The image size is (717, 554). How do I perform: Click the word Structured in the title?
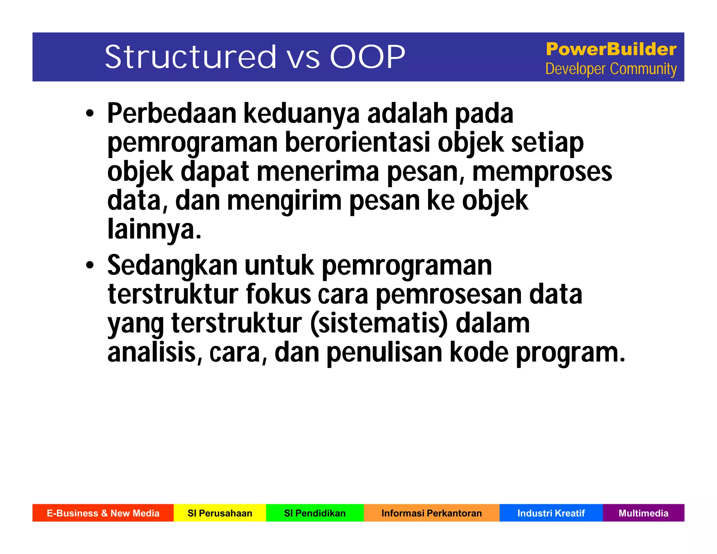point(191,57)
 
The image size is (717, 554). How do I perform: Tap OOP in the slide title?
point(367,57)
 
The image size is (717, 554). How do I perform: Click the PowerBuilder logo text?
point(611,49)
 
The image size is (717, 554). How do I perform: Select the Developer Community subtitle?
point(611,69)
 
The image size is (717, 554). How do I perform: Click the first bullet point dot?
point(90,113)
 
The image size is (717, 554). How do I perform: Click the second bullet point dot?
point(90,265)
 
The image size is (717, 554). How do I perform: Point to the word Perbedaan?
point(172,113)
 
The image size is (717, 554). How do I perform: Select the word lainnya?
point(154,229)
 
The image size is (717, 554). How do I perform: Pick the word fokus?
point(278,294)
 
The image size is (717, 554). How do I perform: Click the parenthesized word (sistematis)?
point(379,323)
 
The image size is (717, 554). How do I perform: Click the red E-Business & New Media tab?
point(103,513)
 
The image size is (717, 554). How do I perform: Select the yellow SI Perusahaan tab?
point(220,513)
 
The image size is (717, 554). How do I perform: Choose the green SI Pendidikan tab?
point(315,513)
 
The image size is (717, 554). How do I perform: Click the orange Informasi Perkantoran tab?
point(431,513)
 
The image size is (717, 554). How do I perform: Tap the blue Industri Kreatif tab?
point(551,513)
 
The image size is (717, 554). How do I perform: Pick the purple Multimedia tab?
point(643,513)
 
